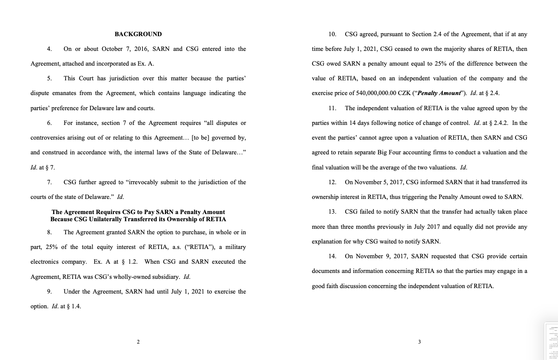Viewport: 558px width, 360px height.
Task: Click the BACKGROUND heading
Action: pos(138,34)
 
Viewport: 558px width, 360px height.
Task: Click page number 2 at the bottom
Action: pos(138,342)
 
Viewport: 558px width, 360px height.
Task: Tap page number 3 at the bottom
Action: pos(419,342)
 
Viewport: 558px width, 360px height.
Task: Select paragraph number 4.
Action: pos(49,49)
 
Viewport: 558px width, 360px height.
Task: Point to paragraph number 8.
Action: pos(49,232)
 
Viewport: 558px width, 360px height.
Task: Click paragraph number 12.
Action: pos(332,182)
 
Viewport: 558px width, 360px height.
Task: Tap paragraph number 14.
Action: pos(332,256)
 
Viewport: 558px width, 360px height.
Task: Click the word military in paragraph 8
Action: pos(235,247)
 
